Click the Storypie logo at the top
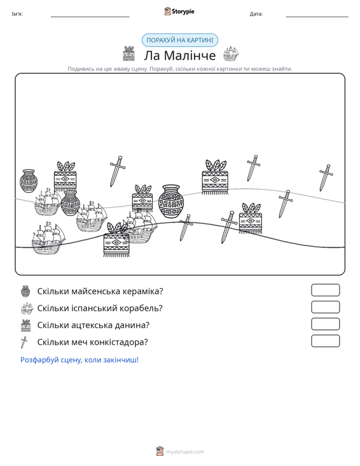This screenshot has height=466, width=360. [x=179, y=11]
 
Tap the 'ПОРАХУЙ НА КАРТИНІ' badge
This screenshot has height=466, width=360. [x=180, y=40]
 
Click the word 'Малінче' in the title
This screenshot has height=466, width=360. [x=190, y=55]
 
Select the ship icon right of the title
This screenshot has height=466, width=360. [x=231, y=54]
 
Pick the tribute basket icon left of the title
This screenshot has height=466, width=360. [x=128, y=53]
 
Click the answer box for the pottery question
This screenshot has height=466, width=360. [x=325, y=290]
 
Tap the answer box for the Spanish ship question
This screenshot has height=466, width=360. [x=325, y=307]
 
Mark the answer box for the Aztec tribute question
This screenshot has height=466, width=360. [x=325, y=324]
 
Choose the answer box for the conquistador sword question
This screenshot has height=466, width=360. [x=325, y=341]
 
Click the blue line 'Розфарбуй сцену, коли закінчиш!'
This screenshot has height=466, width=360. [x=80, y=360]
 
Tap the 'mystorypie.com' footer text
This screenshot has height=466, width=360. [x=184, y=452]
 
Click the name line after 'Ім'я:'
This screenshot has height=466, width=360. [x=90, y=17]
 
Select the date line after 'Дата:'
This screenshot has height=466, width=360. [x=317, y=17]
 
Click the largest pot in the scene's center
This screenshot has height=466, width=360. [x=171, y=201]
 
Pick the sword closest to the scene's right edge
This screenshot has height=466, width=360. [x=326, y=177]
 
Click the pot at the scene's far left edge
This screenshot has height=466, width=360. [x=29, y=181]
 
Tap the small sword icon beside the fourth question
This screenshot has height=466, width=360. [x=24, y=342]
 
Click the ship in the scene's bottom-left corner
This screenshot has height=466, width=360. [x=48, y=238]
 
